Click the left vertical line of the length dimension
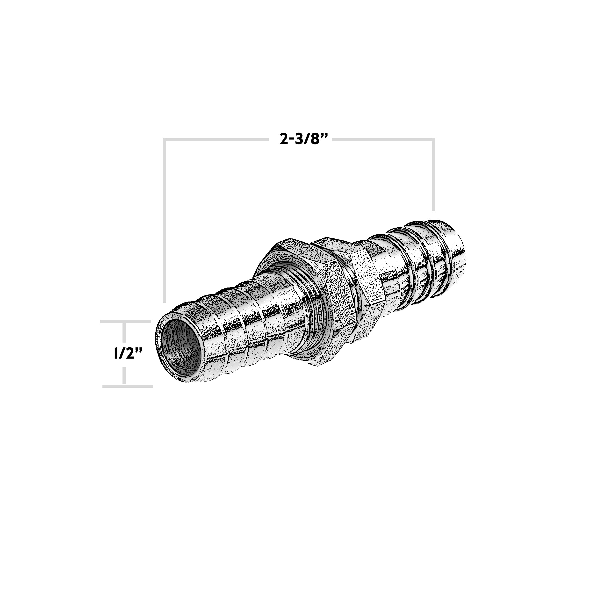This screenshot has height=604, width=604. tap(165, 219)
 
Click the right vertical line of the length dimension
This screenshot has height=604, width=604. tap(433, 175)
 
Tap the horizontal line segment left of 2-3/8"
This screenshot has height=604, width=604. tap(216, 140)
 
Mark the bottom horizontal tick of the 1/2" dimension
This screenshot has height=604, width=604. tap(128, 386)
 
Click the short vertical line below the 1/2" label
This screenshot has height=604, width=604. tap(124, 375)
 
